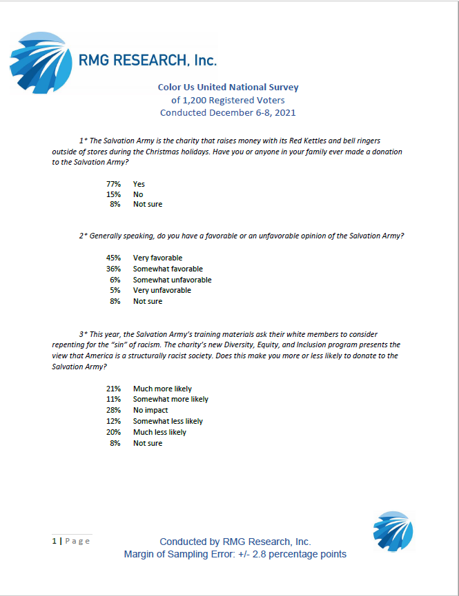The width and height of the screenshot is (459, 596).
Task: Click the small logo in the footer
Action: pos(393,532)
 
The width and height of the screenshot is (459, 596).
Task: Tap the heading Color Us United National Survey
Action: pos(228,88)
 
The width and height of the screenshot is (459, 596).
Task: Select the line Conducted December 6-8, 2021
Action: pos(228,112)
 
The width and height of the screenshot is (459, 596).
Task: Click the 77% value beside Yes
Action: pos(113,184)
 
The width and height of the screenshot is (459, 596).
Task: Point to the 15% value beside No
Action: pos(113,194)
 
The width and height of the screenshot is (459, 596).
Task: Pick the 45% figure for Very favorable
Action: pos(113,258)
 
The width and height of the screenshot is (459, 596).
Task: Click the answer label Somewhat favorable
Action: pos(168,269)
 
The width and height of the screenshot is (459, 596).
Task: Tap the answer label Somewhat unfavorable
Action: pos(172,280)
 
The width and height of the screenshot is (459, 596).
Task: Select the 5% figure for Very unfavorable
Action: pos(115,290)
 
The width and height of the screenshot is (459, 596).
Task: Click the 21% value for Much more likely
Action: pos(113,389)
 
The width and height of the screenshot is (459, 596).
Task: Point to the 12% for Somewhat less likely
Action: pos(113,421)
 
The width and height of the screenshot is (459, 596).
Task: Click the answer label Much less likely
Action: pos(159,432)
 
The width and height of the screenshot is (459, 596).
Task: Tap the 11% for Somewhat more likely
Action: pos(113,399)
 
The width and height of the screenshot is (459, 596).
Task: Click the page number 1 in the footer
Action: pos(55,541)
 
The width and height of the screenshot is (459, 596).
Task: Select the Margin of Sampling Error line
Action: pos(235,554)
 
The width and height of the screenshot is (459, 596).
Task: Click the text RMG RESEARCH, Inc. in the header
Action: pos(147,60)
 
